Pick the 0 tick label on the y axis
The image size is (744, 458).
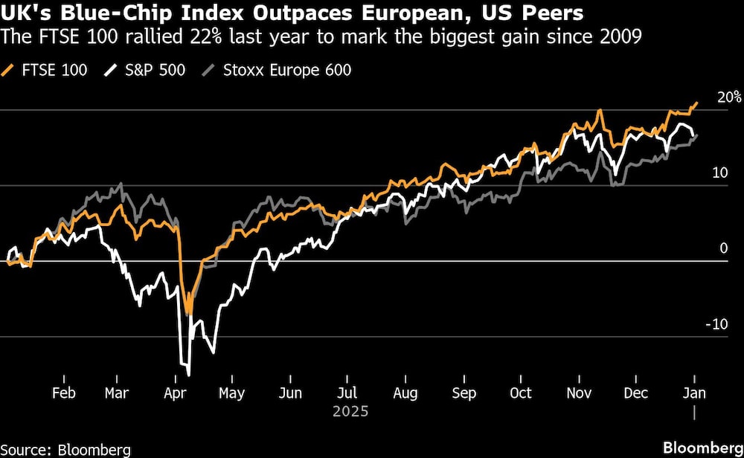click(x=723, y=248)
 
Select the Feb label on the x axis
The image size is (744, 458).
click(x=63, y=393)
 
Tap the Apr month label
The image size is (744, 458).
click(x=174, y=393)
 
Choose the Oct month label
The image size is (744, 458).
click(x=522, y=393)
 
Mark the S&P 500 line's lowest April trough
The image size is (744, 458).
click(x=189, y=374)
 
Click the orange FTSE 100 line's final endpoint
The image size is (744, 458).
click(x=696, y=103)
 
